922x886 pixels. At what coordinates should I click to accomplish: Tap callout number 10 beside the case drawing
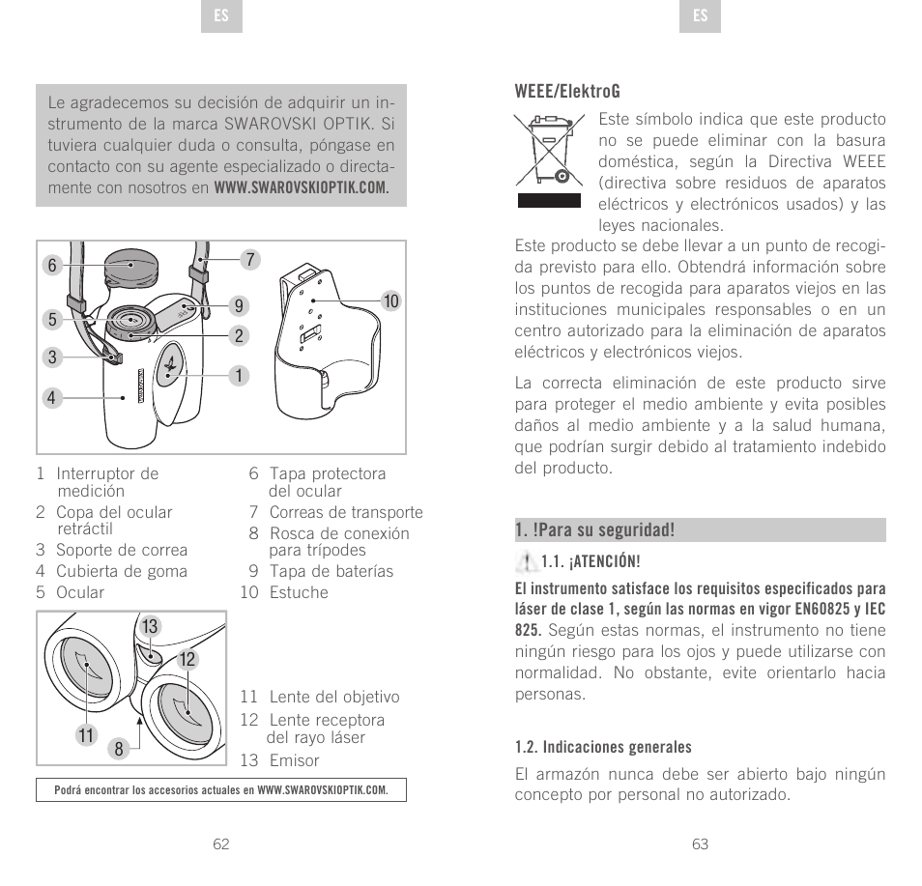click(x=390, y=301)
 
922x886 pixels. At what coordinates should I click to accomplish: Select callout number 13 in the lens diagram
click(x=150, y=628)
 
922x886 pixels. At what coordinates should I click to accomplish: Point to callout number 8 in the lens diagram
click(x=118, y=747)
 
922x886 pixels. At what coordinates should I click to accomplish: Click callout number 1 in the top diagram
click(x=234, y=374)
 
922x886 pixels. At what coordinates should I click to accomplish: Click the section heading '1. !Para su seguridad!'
click(x=594, y=530)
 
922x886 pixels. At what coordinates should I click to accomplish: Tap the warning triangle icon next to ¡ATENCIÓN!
click(x=528, y=560)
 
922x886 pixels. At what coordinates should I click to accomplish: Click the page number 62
click(x=221, y=843)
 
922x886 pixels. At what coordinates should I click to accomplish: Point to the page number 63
click(x=701, y=843)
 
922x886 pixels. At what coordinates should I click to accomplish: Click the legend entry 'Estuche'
click(x=299, y=592)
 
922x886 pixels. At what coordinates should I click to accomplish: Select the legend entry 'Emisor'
click(x=294, y=760)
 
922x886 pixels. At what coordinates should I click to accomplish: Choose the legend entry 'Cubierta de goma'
click(x=122, y=571)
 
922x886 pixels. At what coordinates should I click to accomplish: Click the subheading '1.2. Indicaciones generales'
click(x=603, y=747)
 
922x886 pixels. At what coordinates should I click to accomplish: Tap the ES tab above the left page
click(x=221, y=16)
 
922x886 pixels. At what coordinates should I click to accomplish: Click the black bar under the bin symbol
click(x=549, y=200)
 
